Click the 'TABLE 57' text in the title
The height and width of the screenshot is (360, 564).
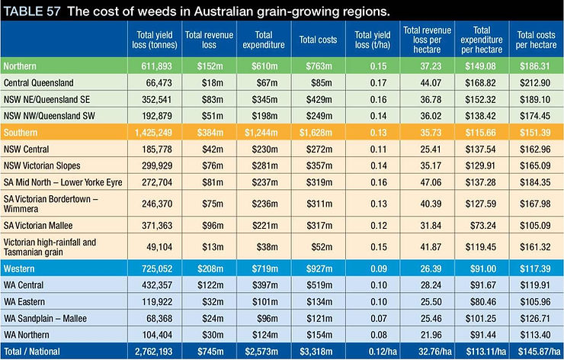tap(32, 11)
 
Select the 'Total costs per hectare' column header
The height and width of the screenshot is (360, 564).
tap(537, 40)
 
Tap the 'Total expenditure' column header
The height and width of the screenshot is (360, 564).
tap(264, 40)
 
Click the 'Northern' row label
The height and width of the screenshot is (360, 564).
tap(20, 66)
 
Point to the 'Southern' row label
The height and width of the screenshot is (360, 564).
tap(21, 133)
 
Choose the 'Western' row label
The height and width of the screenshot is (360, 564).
tap(19, 268)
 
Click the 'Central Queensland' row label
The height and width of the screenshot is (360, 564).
tap(38, 83)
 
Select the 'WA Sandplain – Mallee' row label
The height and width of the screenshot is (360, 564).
tap(45, 318)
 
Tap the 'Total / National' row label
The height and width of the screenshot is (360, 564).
tap(32, 352)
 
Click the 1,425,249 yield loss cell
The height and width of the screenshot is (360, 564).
tap(154, 133)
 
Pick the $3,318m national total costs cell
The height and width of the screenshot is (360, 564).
tap(316, 352)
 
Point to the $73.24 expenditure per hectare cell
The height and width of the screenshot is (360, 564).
tap(482, 225)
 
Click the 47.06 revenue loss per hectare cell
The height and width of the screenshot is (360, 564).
tap(431, 182)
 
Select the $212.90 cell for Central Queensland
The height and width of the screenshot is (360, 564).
tap(535, 83)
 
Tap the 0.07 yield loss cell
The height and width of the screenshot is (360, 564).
tap(378, 318)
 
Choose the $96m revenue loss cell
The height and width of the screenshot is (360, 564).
tap(212, 225)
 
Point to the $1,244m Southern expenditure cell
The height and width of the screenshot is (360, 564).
tap(261, 133)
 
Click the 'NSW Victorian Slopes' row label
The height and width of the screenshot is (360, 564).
tap(42, 166)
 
